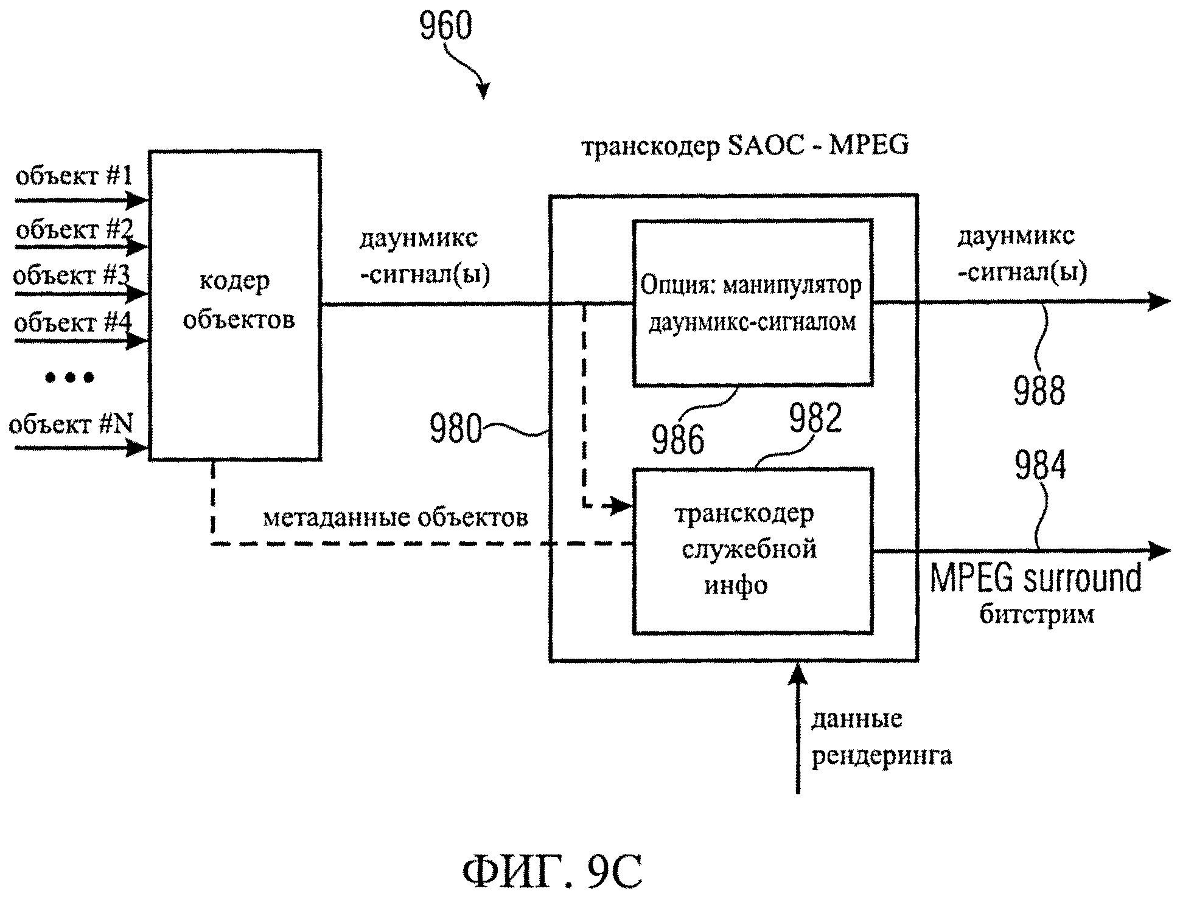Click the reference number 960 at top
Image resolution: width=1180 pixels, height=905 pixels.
(x=445, y=26)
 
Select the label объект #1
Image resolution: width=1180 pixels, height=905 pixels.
(x=74, y=176)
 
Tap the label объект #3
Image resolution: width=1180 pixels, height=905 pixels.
(x=71, y=276)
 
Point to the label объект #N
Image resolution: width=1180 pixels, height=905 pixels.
(x=71, y=423)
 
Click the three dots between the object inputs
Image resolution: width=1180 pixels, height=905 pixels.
(x=70, y=378)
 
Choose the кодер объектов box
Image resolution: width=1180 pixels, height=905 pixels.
(x=236, y=305)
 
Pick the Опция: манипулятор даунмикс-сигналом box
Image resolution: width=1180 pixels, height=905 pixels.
(x=753, y=303)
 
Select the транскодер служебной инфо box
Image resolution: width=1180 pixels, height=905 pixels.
(x=753, y=550)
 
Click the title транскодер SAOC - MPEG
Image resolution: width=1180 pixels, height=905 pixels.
(x=745, y=146)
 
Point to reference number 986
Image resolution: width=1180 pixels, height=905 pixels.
(x=678, y=439)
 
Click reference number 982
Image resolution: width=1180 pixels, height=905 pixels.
(x=815, y=418)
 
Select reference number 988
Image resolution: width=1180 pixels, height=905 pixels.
(x=1039, y=390)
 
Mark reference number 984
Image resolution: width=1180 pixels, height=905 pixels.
(x=1041, y=465)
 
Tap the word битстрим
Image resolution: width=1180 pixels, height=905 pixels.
(x=1036, y=614)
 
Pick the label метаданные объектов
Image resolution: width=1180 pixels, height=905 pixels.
(x=396, y=518)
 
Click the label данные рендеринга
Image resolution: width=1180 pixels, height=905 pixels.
(x=881, y=737)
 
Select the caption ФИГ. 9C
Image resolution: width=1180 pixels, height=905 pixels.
(x=552, y=872)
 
